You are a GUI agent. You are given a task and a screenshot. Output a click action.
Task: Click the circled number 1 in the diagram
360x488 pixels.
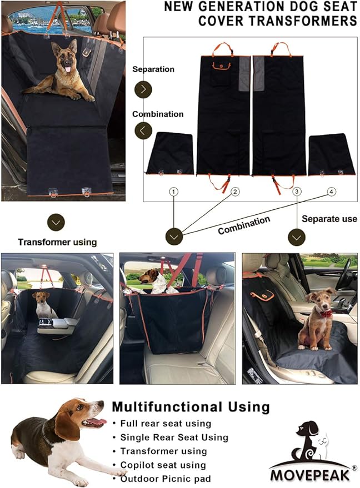[x=174, y=192]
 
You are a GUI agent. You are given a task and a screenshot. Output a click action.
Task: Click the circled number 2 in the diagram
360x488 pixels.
[x=236, y=192]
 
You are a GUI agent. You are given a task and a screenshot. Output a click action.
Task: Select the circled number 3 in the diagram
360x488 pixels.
[x=297, y=192]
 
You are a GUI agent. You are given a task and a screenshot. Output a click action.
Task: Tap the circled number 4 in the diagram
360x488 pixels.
[x=332, y=192]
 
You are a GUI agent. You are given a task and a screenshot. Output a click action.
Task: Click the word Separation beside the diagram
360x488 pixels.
[x=153, y=69]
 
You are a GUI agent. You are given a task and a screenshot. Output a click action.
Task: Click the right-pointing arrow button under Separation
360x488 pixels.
[x=143, y=89]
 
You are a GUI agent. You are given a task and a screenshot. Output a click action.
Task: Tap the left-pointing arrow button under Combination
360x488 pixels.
[x=143, y=131]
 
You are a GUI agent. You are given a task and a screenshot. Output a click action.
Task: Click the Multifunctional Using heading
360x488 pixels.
[x=191, y=407]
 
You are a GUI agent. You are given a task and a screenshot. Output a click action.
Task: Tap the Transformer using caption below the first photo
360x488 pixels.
[x=57, y=242]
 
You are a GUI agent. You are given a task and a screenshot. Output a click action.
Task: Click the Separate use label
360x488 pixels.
[x=329, y=219]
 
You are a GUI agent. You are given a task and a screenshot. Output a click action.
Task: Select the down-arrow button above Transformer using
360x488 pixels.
[x=56, y=223]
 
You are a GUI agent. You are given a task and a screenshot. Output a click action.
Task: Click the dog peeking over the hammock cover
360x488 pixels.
[x=153, y=279]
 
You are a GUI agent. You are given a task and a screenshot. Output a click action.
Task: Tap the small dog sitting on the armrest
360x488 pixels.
[x=43, y=304]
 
